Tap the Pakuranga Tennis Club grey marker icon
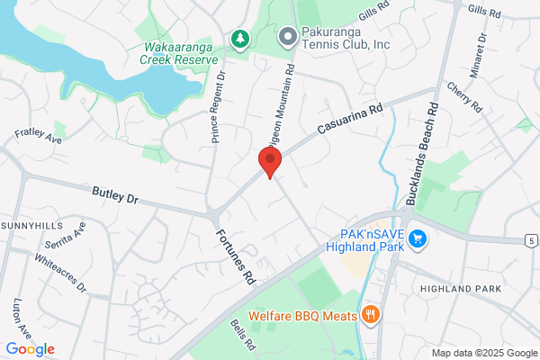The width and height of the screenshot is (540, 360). pyautogui.click(x=287, y=37)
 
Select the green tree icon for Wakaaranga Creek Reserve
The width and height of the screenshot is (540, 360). pyautogui.click(x=239, y=38)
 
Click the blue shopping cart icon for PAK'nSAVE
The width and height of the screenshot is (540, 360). pyautogui.click(x=417, y=238)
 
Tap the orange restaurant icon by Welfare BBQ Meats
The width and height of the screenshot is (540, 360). pyautogui.click(x=370, y=314)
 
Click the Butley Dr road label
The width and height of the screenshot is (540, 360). pyautogui.click(x=116, y=194)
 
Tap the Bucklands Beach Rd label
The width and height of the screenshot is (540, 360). pyautogui.click(x=420, y=154)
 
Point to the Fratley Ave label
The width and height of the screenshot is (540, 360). pyautogui.click(x=39, y=136)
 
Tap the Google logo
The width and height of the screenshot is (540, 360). pyautogui.click(x=30, y=349)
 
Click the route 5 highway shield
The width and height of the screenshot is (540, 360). pyautogui.click(x=532, y=240)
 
